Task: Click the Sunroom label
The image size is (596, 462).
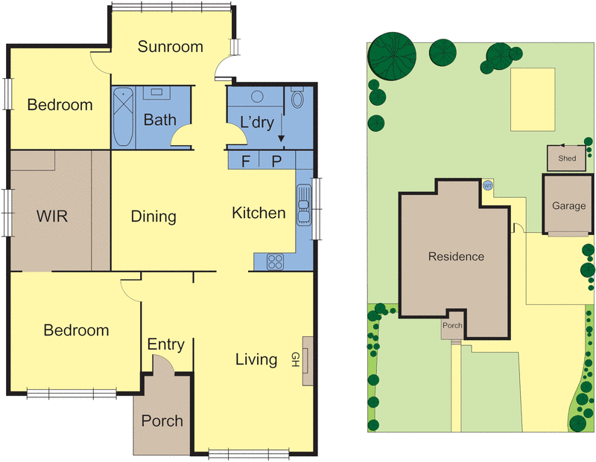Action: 171,47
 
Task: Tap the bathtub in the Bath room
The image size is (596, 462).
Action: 123,117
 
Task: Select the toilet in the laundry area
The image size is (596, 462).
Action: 297,99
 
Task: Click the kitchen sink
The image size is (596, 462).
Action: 304,203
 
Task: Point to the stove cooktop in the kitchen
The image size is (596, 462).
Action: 275,261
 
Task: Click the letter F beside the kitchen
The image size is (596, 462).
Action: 247,161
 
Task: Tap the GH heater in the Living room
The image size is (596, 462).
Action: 307,360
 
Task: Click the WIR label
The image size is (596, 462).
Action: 52,216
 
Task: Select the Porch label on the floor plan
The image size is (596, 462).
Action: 162,420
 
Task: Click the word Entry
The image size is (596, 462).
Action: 165,344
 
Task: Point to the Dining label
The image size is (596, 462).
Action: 153,216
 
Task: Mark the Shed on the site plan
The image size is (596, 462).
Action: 567,158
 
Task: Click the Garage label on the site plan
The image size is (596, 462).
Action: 568,205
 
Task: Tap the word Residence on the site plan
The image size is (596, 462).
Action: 456,257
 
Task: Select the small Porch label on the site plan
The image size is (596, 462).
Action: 452,326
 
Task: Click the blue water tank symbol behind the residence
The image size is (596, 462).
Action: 488,185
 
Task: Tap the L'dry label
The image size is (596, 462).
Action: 256,122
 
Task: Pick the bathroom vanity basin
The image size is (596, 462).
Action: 157,93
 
